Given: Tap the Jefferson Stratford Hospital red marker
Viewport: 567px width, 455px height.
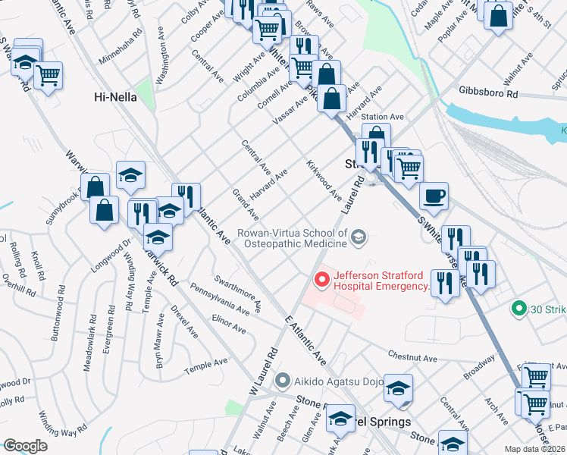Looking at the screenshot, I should point(322,281).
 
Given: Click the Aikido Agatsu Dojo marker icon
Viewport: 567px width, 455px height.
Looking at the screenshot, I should point(283,380).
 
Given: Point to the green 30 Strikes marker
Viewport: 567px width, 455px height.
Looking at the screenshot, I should point(519,309).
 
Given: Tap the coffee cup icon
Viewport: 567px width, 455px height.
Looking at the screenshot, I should point(434,196).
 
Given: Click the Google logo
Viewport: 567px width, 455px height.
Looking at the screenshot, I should point(26,446).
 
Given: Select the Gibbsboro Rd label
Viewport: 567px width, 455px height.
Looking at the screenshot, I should point(488,93).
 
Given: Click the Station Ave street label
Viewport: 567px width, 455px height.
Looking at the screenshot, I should point(383,117).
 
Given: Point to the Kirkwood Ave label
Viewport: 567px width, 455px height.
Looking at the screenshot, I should point(324,180).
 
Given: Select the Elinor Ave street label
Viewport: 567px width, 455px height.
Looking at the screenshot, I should point(229,324).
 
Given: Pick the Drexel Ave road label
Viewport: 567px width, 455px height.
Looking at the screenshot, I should point(184,322).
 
